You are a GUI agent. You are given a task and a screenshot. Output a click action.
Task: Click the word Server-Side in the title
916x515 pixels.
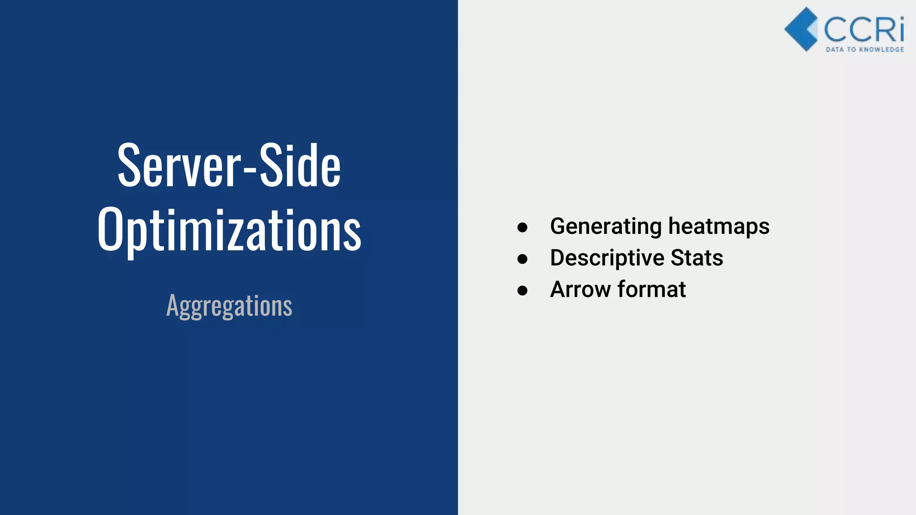(x=229, y=165)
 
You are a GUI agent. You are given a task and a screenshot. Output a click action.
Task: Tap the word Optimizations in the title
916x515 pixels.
(x=229, y=230)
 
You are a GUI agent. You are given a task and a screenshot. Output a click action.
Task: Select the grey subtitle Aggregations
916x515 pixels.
(x=229, y=306)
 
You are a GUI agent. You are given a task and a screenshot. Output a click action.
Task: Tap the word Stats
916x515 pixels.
(x=696, y=258)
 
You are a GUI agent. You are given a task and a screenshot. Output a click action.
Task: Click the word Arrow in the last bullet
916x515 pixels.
(x=580, y=289)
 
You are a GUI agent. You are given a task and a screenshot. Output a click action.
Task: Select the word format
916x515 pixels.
(x=652, y=289)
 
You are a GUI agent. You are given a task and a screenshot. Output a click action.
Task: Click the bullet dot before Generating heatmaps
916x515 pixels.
(x=522, y=228)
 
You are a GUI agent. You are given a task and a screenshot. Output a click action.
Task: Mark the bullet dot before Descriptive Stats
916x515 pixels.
(x=522, y=259)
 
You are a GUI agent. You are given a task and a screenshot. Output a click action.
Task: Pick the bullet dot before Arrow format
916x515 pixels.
(x=522, y=291)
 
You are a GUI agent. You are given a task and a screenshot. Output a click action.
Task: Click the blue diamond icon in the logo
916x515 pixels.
(x=801, y=29)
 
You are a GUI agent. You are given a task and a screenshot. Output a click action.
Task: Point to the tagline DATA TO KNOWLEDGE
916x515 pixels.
(x=865, y=50)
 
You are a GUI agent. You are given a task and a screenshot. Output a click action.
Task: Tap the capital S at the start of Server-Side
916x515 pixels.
(x=131, y=165)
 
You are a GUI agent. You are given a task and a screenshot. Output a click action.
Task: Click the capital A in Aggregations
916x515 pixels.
(x=173, y=305)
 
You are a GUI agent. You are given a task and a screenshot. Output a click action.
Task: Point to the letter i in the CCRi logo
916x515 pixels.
(x=900, y=30)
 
